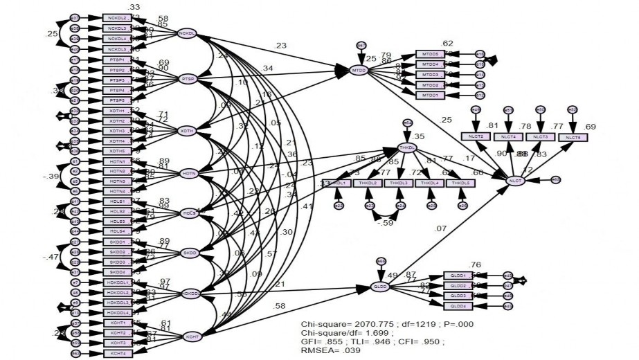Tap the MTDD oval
tap(359, 70)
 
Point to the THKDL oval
tap(407, 147)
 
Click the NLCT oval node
tap(514, 181)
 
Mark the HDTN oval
tap(189, 173)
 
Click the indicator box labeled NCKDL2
tap(116, 17)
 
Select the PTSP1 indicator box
tap(116, 60)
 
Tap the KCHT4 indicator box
tap(116, 354)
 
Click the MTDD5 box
tap(431, 53)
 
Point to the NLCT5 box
tap(572, 137)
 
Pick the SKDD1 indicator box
tap(116, 242)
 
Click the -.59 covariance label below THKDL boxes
tap(385, 223)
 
